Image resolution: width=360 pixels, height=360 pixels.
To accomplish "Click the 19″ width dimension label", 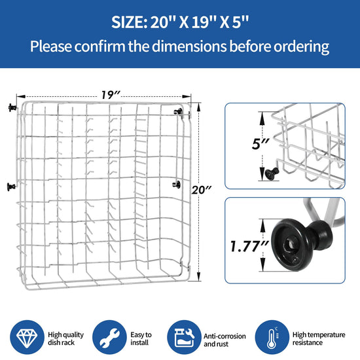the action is point(111,95).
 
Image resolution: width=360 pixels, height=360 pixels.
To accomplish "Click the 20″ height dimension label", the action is point(202,190).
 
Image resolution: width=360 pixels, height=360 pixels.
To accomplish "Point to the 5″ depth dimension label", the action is point(260,144).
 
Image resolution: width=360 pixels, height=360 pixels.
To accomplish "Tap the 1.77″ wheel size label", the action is point(249,246).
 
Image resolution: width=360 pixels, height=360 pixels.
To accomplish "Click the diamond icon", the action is point(27,337).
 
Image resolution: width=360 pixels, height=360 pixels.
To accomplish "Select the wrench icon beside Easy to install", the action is point(109,337).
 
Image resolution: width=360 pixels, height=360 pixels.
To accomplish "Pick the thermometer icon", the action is point(272,337).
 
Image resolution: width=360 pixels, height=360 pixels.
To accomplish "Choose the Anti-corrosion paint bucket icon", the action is point(184,337).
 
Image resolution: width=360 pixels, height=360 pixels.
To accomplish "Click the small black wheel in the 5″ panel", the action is point(272,172).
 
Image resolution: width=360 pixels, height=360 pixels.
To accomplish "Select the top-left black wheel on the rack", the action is point(12,107).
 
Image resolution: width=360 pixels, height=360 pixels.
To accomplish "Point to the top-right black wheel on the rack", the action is point(179,112).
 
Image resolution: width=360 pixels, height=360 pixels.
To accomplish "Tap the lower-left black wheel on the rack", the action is point(11,187).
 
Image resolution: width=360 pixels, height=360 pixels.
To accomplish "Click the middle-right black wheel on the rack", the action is point(176,184).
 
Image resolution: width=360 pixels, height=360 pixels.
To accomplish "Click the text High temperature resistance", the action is point(319,338).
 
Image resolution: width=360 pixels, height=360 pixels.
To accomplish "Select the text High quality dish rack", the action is point(66,338).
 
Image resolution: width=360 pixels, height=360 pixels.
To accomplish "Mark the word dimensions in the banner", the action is point(189,46).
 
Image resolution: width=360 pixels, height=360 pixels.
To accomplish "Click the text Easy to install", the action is point(141,338).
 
